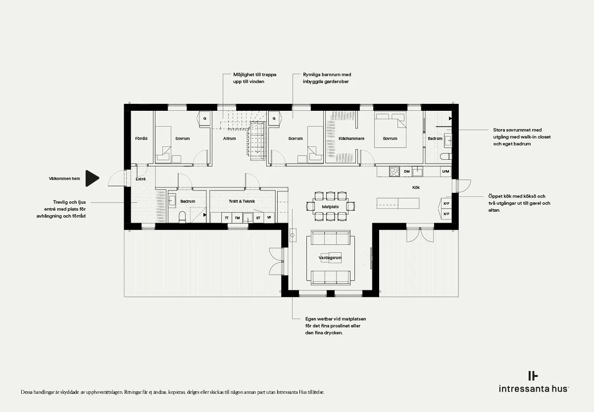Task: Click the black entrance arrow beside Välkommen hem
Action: (x=92, y=179)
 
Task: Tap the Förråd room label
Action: (x=141, y=138)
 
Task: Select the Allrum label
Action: (x=229, y=138)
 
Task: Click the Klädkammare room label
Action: (x=351, y=138)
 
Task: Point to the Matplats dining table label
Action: (x=330, y=207)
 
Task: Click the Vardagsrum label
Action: (x=330, y=258)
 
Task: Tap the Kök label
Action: (x=416, y=187)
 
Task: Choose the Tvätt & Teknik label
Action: (x=242, y=201)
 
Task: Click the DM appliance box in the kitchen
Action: (x=406, y=172)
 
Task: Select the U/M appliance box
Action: (x=445, y=172)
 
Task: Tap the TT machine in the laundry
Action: (x=227, y=218)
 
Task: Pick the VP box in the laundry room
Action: (x=269, y=218)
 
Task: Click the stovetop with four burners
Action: (x=395, y=172)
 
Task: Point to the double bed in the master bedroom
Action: (x=390, y=130)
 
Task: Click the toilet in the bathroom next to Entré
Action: (x=182, y=217)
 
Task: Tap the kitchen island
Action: (x=398, y=203)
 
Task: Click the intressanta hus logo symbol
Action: (x=533, y=376)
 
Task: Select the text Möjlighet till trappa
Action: (x=254, y=75)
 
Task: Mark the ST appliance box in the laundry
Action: (x=258, y=218)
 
